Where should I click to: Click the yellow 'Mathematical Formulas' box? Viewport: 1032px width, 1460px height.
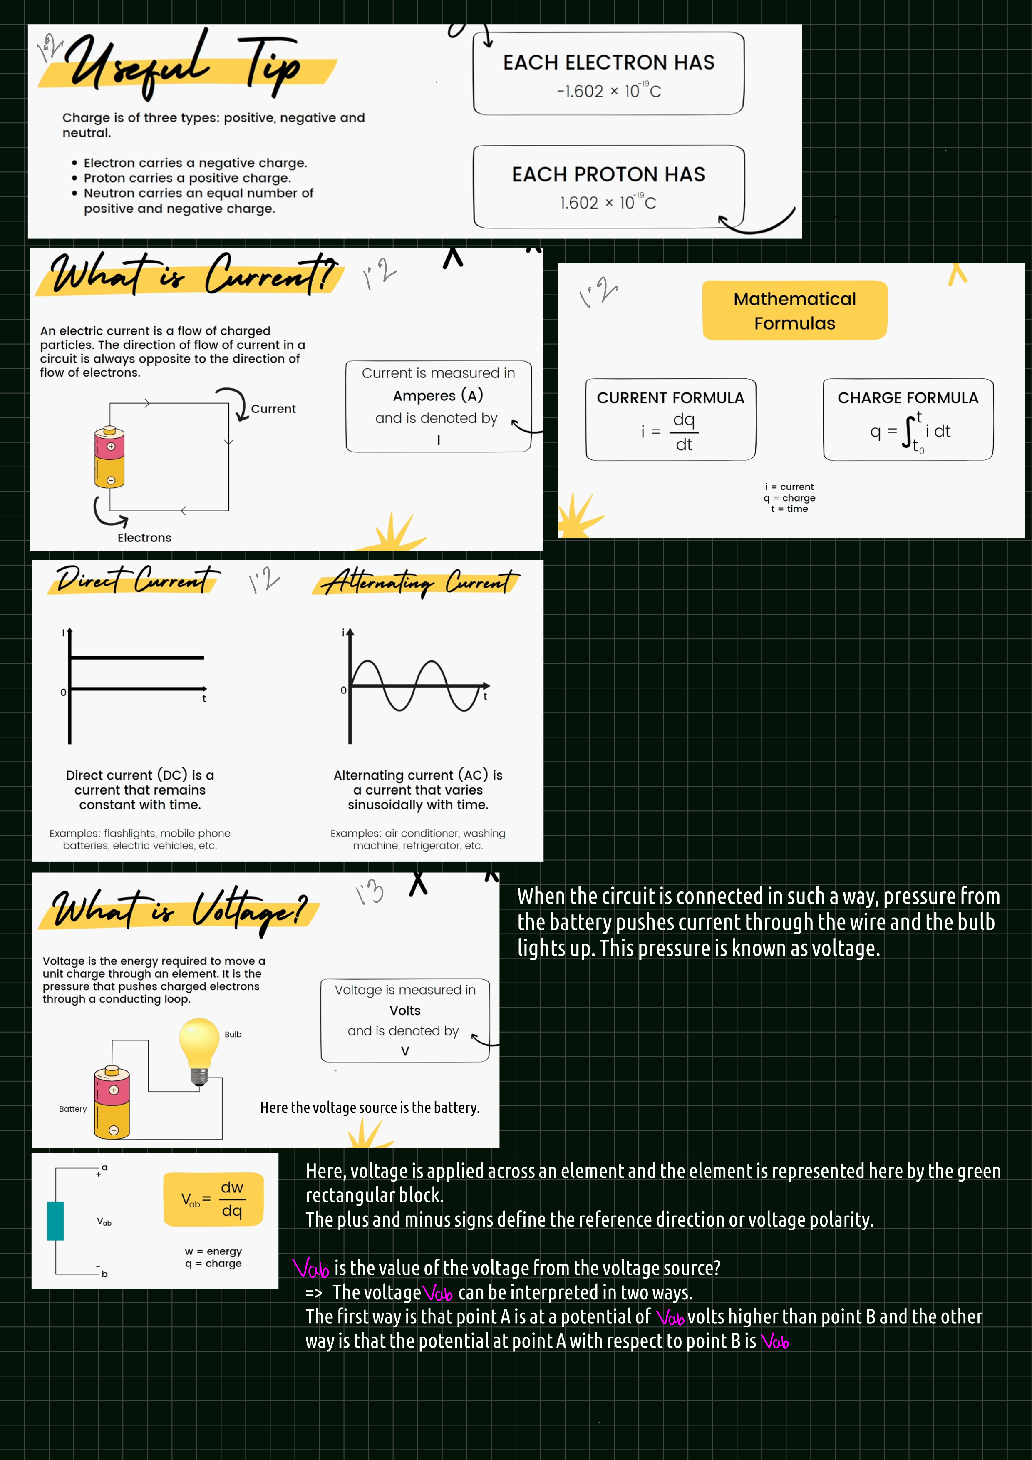pyautogui.click(x=794, y=310)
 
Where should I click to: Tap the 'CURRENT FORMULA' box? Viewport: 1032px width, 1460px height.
pyautogui.click(x=670, y=420)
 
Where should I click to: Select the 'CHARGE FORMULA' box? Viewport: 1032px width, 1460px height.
pyautogui.click(x=908, y=420)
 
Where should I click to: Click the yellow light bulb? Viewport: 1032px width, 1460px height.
pyautogui.click(x=199, y=1051)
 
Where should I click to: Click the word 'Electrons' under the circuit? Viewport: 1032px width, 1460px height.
pyautogui.click(x=144, y=538)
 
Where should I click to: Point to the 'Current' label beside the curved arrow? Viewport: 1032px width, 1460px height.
pyautogui.click(x=273, y=409)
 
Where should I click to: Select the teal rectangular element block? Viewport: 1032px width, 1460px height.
pyautogui.click(x=55, y=1221)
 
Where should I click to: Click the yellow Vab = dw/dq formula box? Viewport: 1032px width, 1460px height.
pyautogui.click(x=213, y=1199)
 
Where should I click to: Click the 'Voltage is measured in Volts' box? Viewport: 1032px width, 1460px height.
pyautogui.click(x=405, y=1021)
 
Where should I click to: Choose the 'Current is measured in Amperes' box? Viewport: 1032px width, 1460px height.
pyautogui.click(x=439, y=406)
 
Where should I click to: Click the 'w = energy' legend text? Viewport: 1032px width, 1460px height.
pyautogui.click(x=213, y=1251)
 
